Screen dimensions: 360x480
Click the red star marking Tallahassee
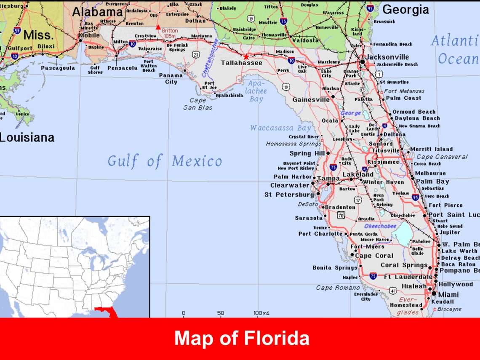click(246, 56)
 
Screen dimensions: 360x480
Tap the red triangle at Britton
click(158, 27)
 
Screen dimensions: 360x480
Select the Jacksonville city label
click(387, 57)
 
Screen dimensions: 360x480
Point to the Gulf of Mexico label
click(164, 161)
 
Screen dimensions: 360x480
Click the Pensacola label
click(123, 68)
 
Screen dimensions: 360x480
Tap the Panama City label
click(171, 78)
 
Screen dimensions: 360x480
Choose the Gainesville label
click(311, 100)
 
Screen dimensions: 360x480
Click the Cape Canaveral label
click(442, 157)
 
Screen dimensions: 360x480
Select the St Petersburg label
click(289, 195)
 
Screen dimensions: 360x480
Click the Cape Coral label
click(374, 256)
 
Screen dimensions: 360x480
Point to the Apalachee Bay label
click(256, 91)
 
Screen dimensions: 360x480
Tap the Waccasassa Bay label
click(280, 128)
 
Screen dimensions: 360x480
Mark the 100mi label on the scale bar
click(261, 313)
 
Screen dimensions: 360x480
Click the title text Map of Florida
click(242, 338)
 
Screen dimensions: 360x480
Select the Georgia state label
click(405, 10)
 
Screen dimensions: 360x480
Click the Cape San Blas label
click(197, 104)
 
